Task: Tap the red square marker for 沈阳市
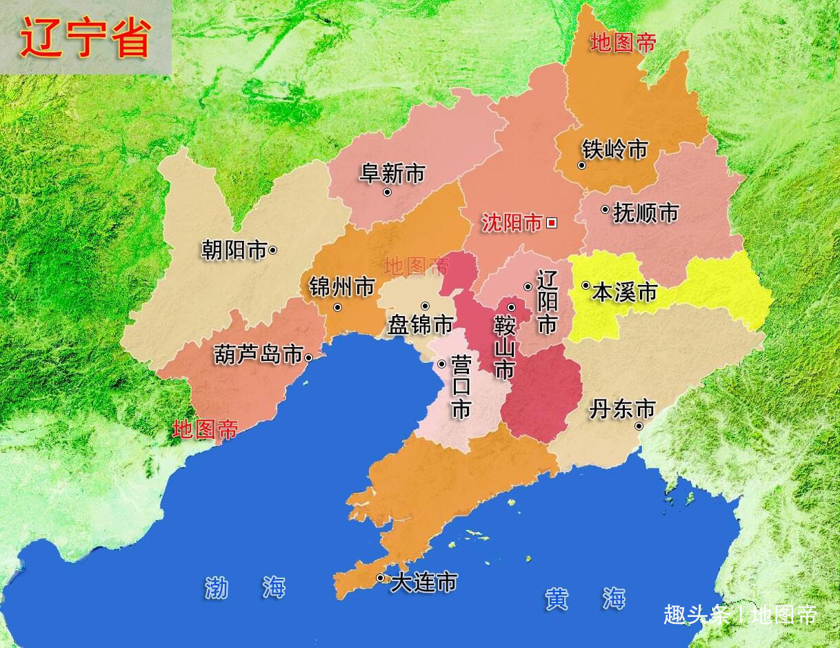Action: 551,222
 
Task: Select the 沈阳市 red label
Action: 512,223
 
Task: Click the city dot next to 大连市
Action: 380,578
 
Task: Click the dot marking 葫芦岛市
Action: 308,357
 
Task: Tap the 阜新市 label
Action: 392,173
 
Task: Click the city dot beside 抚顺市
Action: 605,209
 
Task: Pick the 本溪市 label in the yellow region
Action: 624,292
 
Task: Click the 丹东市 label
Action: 621,409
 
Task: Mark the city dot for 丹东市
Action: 639,426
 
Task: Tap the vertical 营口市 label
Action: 461,387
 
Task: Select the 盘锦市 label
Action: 420,324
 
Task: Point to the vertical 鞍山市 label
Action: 504,348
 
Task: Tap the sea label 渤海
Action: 245,588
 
